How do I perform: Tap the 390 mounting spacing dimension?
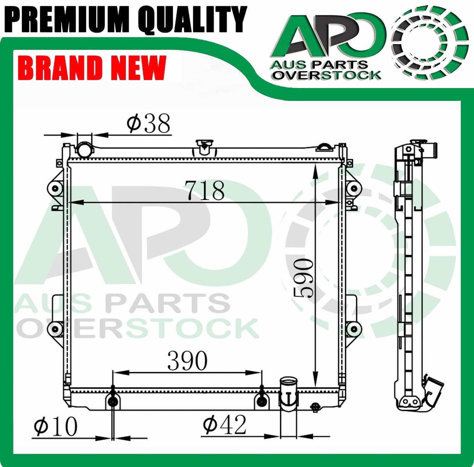pos(188,361)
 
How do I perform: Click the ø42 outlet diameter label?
pos(224,425)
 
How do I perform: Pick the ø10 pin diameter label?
pos(55,427)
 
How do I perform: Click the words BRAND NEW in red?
pos(93,68)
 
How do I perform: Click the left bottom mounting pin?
pos(113,401)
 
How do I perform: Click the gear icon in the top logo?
pos(430,43)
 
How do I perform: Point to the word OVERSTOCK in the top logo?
pos(327,75)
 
